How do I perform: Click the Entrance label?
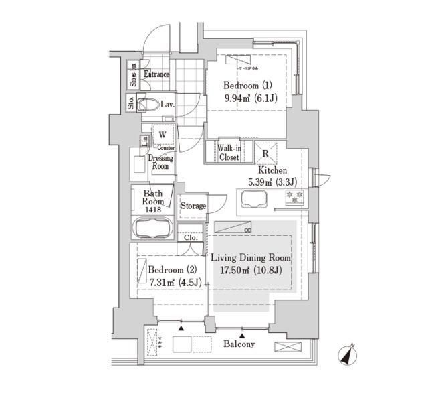point(156,74)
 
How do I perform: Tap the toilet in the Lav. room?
point(148,105)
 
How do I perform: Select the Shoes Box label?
point(133,75)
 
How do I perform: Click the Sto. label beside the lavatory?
point(132,103)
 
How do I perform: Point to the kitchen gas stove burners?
point(295,197)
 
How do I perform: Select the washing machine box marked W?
point(163,135)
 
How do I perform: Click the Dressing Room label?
point(160,162)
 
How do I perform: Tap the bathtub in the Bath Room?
point(154,228)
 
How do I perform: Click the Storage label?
point(193,206)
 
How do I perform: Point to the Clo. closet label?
point(190,237)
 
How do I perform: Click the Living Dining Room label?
point(251,258)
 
